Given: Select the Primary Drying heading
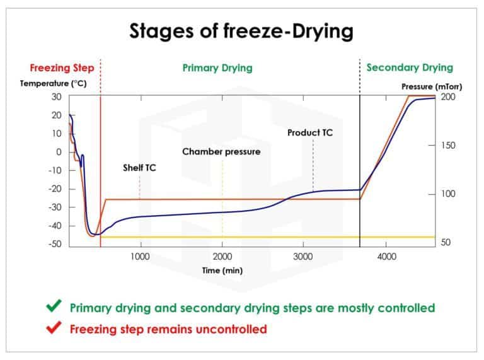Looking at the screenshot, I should coord(217,67).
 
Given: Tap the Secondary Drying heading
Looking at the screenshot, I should coord(410,67).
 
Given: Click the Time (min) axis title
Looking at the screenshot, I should coord(222,270).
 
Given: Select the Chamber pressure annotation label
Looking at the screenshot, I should coord(221,152).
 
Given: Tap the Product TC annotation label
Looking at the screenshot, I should coord(310,133).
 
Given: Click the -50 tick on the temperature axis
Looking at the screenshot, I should coord(56,244).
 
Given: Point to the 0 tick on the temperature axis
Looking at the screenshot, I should coord(59,152).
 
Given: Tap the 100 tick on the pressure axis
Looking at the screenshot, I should coord(448,194).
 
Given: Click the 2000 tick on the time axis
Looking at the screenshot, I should coord(222,257).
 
